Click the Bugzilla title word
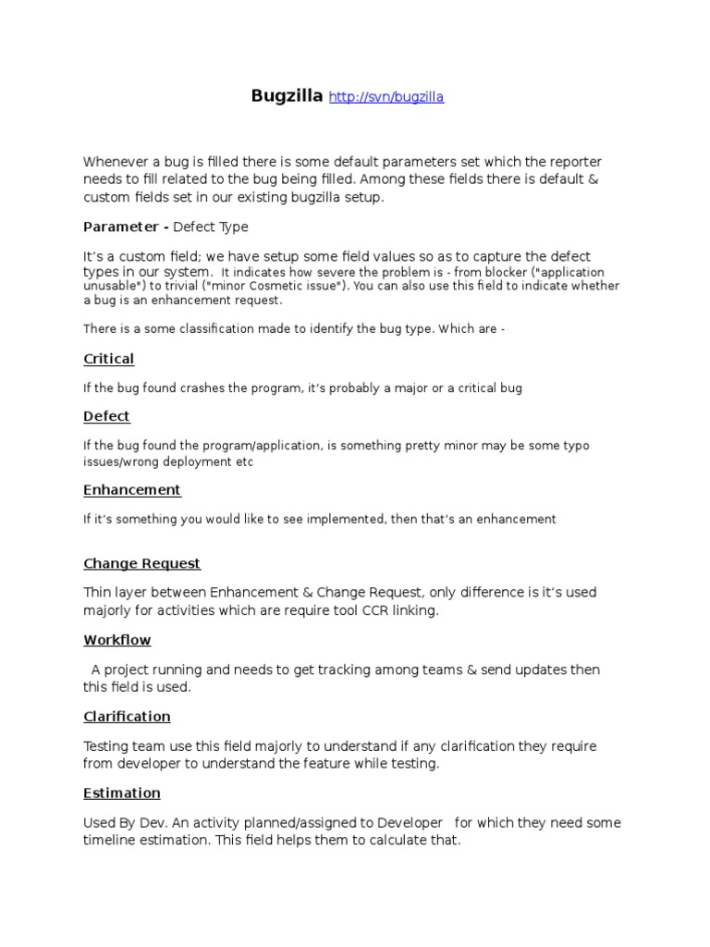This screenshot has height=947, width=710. click(x=287, y=96)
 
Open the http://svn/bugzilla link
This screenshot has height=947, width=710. click(x=386, y=97)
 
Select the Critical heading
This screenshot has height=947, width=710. click(x=108, y=359)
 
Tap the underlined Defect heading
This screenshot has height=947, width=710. click(x=106, y=416)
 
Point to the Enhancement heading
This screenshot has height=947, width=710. click(x=132, y=490)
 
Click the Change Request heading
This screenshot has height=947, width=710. click(x=141, y=563)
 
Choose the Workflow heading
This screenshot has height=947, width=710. click(x=116, y=640)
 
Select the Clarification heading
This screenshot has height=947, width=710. click(x=127, y=717)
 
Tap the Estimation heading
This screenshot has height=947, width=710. click(x=122, y=793)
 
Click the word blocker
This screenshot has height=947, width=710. click(x=478, y=273)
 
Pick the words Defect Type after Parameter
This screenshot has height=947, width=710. click(x=211, y=227)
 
